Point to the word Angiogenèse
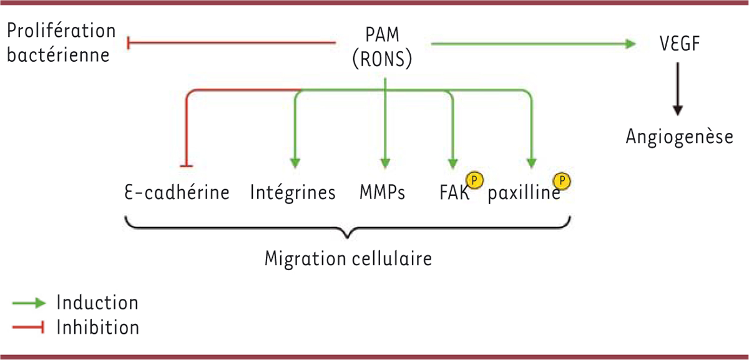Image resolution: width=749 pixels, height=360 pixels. point(679,136)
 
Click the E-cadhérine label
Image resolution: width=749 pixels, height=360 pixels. point(177,192)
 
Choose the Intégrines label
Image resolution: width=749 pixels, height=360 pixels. point(293,192)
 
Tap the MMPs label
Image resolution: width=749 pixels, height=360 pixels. point(382,192)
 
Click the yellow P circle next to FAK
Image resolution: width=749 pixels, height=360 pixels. point(476,180)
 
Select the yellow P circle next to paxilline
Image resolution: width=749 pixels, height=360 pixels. point(564,181)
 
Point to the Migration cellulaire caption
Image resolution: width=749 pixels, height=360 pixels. point(348,258)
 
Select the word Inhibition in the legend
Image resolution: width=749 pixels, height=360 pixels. point(97,327)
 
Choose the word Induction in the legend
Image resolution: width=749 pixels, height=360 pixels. point(97,303)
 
